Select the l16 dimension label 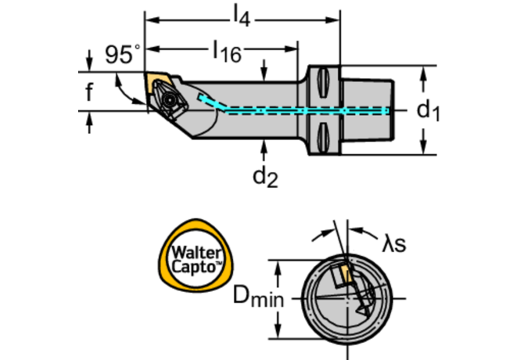(226, 52)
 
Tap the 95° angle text (122, 55)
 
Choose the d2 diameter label (265, 177)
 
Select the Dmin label (257, 298)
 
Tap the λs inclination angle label (393, 244)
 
